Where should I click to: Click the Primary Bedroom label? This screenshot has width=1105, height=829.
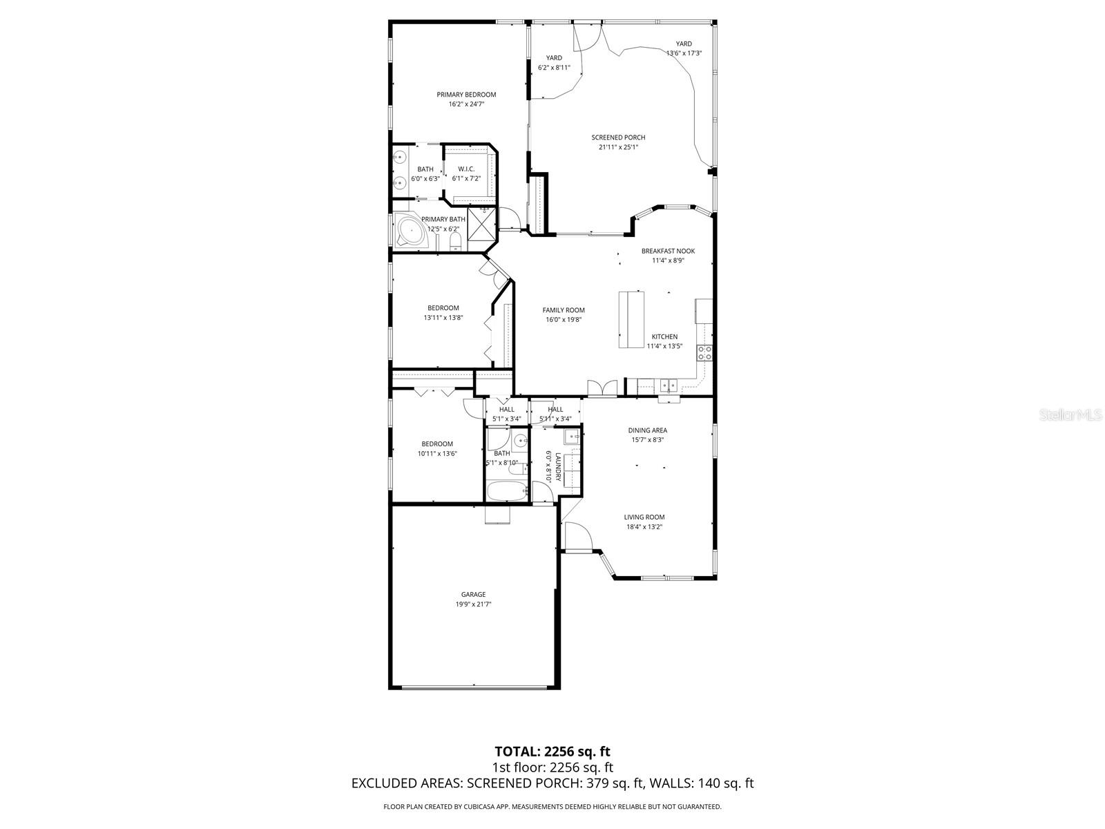[466, 95]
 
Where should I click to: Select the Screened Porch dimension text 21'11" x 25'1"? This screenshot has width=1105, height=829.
[618, 147]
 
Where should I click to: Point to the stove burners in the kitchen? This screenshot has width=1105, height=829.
[704, 352]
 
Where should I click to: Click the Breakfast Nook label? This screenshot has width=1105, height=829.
[668, 251]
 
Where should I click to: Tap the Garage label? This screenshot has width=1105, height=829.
[473, 594]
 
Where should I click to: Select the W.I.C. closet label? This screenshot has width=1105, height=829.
[466, 169]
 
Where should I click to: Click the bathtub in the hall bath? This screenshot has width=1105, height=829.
[506, 491]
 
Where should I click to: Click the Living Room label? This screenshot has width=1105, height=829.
[644, 517]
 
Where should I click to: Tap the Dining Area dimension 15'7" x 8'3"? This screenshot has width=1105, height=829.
[648, 439]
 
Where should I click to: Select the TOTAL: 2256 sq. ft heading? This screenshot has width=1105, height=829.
[552, 751]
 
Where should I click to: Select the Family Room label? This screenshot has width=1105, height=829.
[564, 310]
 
